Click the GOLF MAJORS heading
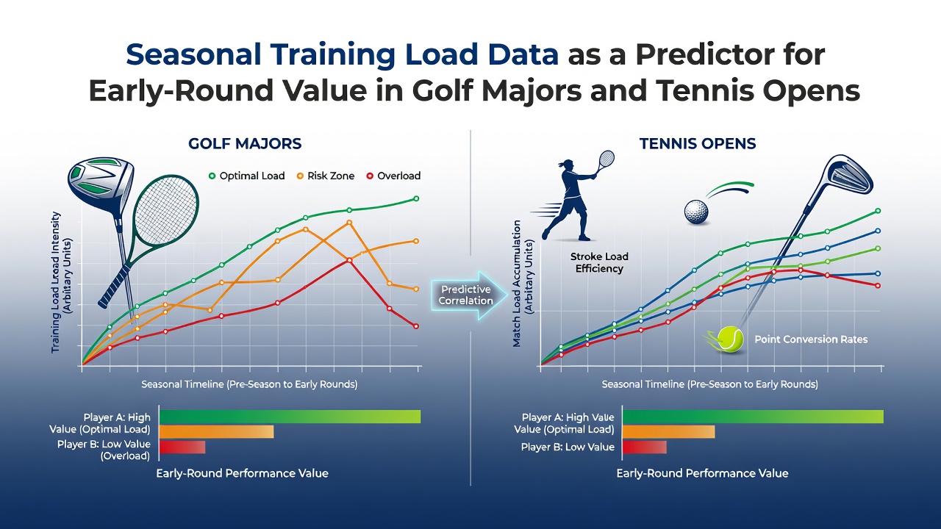tap(245, 143)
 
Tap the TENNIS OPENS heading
tap(698, 143)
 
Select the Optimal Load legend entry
tap(247, 176)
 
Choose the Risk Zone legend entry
tap(326, 176)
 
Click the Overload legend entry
tap(393, 176)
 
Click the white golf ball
tap(696, 212)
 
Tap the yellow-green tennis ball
tap(730, 339)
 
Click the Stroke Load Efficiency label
tap(599, 262)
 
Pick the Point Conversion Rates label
tap(811, 339)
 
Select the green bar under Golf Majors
tap(290, 417)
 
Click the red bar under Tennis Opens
tap(645, 447)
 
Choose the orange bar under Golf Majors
tap(217, 431)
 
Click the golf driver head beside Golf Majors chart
tap(101, 184)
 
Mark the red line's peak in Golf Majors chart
tap(350, 260)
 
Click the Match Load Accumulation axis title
tap(523, 284)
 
